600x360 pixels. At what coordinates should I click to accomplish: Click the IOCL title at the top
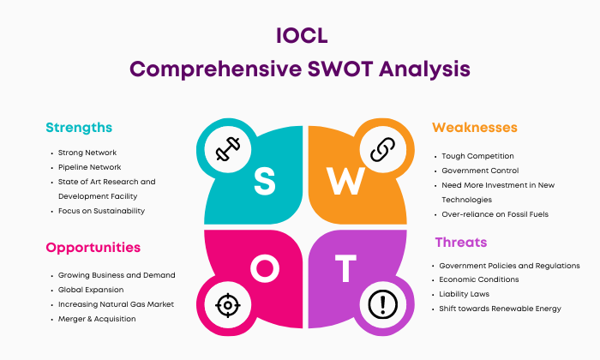click(302, 36)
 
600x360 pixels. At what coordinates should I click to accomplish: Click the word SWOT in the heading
click(340, 69)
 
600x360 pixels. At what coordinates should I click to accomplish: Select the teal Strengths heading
click(79, 128)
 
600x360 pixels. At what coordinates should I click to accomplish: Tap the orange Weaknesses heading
click(475, 128)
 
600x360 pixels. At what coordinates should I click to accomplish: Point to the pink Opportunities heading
click(93, 248)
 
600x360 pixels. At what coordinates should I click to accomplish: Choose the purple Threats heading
click(461, 243)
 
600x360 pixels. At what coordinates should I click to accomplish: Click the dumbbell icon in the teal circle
click(228, 149)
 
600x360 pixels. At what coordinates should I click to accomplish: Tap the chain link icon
click(382, 149)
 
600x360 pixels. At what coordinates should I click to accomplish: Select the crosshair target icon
click(228, 305)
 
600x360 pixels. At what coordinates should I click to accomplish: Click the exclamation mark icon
click(382, 304)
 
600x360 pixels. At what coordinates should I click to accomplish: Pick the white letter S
click(264, 182)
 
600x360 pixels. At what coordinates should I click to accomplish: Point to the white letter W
click(345, 182)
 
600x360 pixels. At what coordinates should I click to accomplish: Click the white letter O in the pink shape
click(265, 268)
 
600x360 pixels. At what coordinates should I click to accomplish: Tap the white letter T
click(345, 268)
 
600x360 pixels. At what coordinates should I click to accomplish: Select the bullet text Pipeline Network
click(89, 167)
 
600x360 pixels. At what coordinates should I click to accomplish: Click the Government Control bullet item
click(480, 171)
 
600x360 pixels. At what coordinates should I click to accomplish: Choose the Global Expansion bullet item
click(91, 290)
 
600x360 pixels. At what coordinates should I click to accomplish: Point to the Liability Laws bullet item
click(465, 294)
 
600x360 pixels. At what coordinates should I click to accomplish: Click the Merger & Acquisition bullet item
click(97, 319)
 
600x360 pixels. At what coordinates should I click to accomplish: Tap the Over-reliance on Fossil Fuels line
click(495, 214)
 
